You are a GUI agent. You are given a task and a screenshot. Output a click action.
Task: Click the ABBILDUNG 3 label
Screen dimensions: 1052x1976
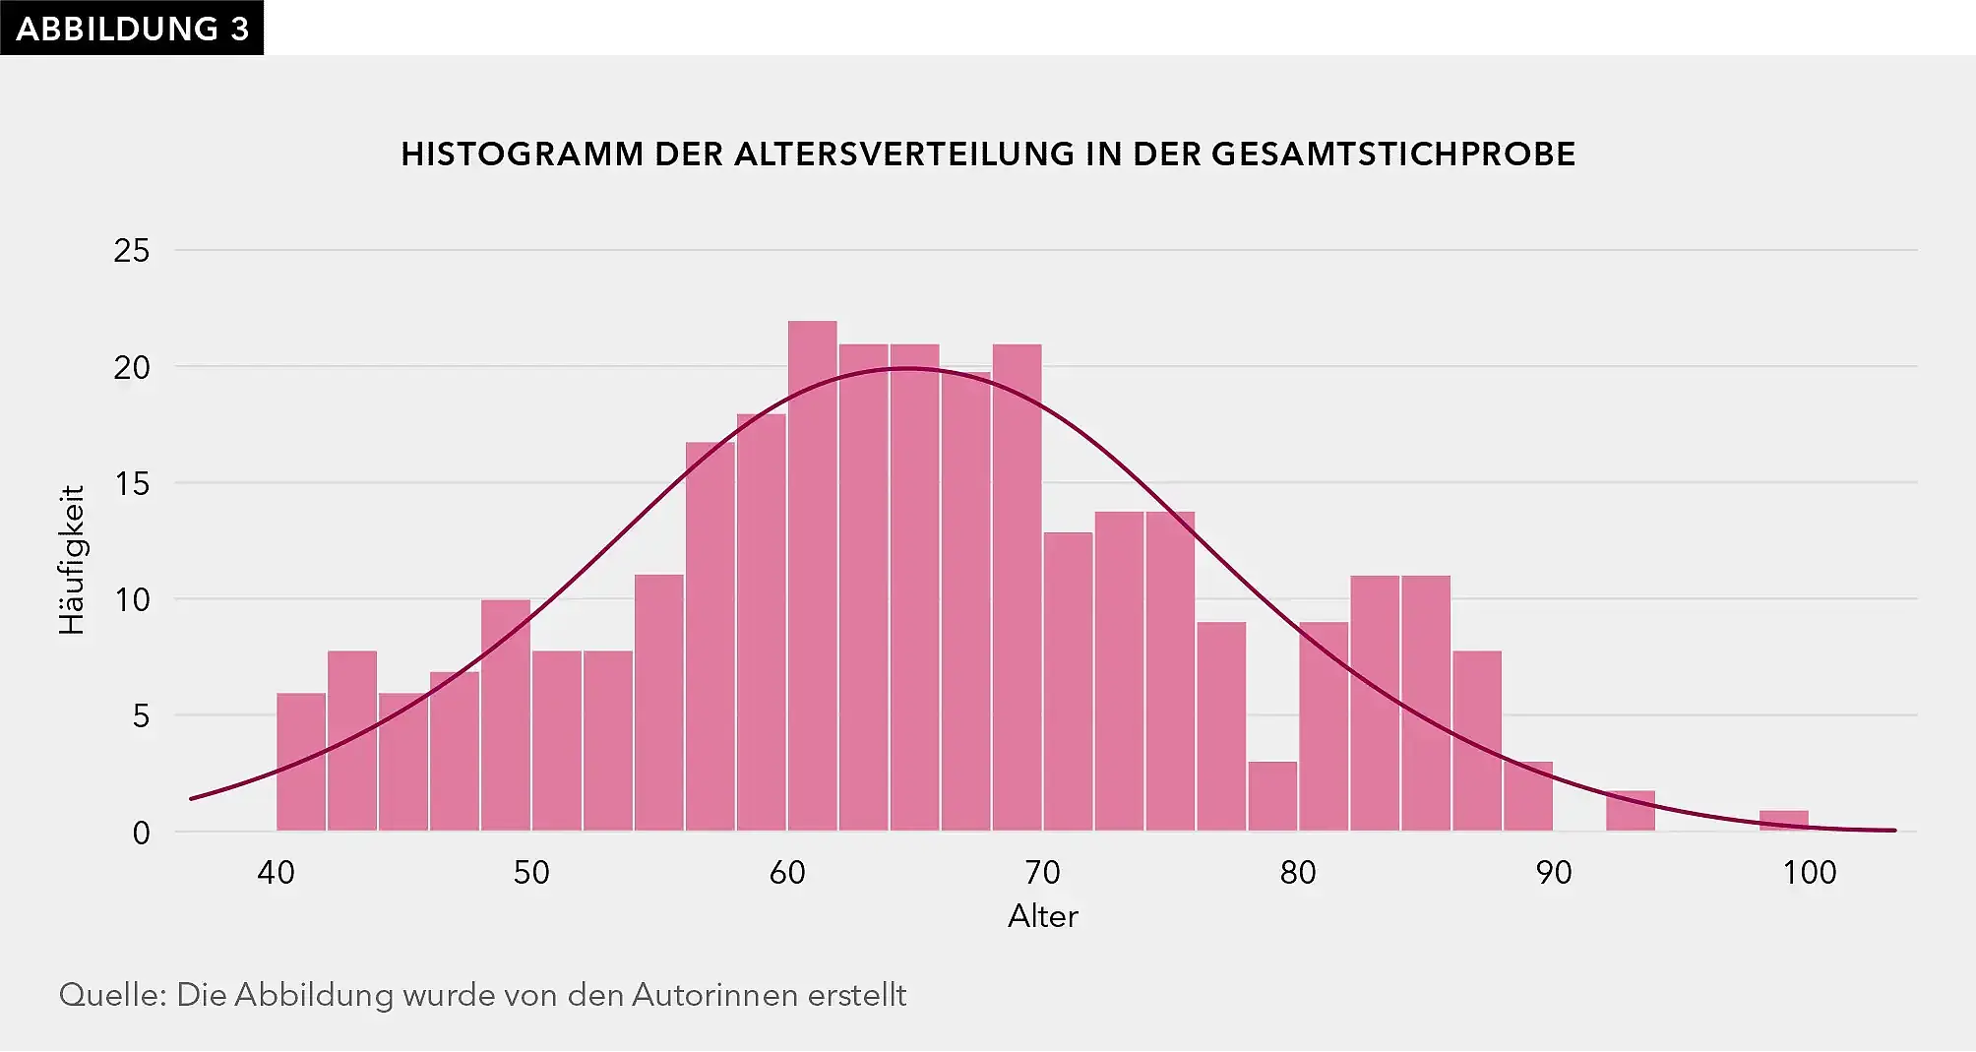coord(132,29)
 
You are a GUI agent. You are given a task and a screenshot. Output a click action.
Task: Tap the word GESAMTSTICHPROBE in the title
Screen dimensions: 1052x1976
coord(1393,155)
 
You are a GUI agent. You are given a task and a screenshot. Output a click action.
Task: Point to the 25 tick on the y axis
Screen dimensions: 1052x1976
coord(132,251)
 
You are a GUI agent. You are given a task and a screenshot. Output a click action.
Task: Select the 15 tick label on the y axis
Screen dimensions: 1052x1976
coord(132,483)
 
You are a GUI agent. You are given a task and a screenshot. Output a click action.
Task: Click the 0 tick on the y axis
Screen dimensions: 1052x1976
coord(142,833)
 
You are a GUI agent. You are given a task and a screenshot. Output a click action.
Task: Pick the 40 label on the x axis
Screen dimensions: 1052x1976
coord(277,872)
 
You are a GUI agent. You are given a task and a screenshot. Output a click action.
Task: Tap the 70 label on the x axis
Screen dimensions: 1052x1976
coord(1043,872)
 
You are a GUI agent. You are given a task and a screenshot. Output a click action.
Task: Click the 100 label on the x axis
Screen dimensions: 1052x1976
coord(1809,872)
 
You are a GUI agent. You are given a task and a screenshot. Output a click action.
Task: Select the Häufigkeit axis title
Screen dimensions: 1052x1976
coord(72,560)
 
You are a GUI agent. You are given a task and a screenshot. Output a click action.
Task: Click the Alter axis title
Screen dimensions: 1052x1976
coord(1043,916)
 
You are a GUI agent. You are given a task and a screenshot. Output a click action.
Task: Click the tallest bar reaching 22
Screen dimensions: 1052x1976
coord(813,576)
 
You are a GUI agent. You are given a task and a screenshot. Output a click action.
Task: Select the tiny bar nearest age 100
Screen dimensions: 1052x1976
coord(1783,821)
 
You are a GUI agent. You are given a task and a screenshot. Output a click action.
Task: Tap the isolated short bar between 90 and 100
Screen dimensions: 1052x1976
coord(1631,812)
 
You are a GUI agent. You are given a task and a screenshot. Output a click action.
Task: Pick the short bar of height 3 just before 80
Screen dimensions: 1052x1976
coord(1272,797)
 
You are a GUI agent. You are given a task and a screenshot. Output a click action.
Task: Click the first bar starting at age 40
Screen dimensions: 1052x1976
coord(301,763)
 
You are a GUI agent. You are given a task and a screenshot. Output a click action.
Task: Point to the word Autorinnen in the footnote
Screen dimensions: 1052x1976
coord(714,995)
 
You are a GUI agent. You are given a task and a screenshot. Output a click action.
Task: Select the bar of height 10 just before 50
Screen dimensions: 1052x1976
coord(506,715)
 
